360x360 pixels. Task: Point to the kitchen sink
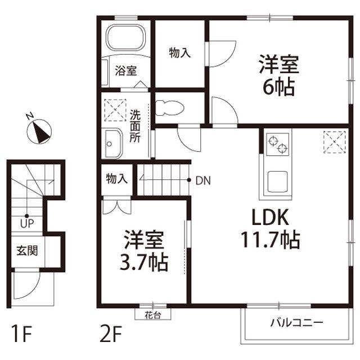[278, 181]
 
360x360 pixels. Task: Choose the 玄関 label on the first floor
[27, 250]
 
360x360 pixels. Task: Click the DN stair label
[203, 181]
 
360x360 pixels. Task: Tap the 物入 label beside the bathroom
[180, 53]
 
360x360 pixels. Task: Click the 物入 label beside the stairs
[117, 179]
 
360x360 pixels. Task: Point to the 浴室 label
[125, 71]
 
